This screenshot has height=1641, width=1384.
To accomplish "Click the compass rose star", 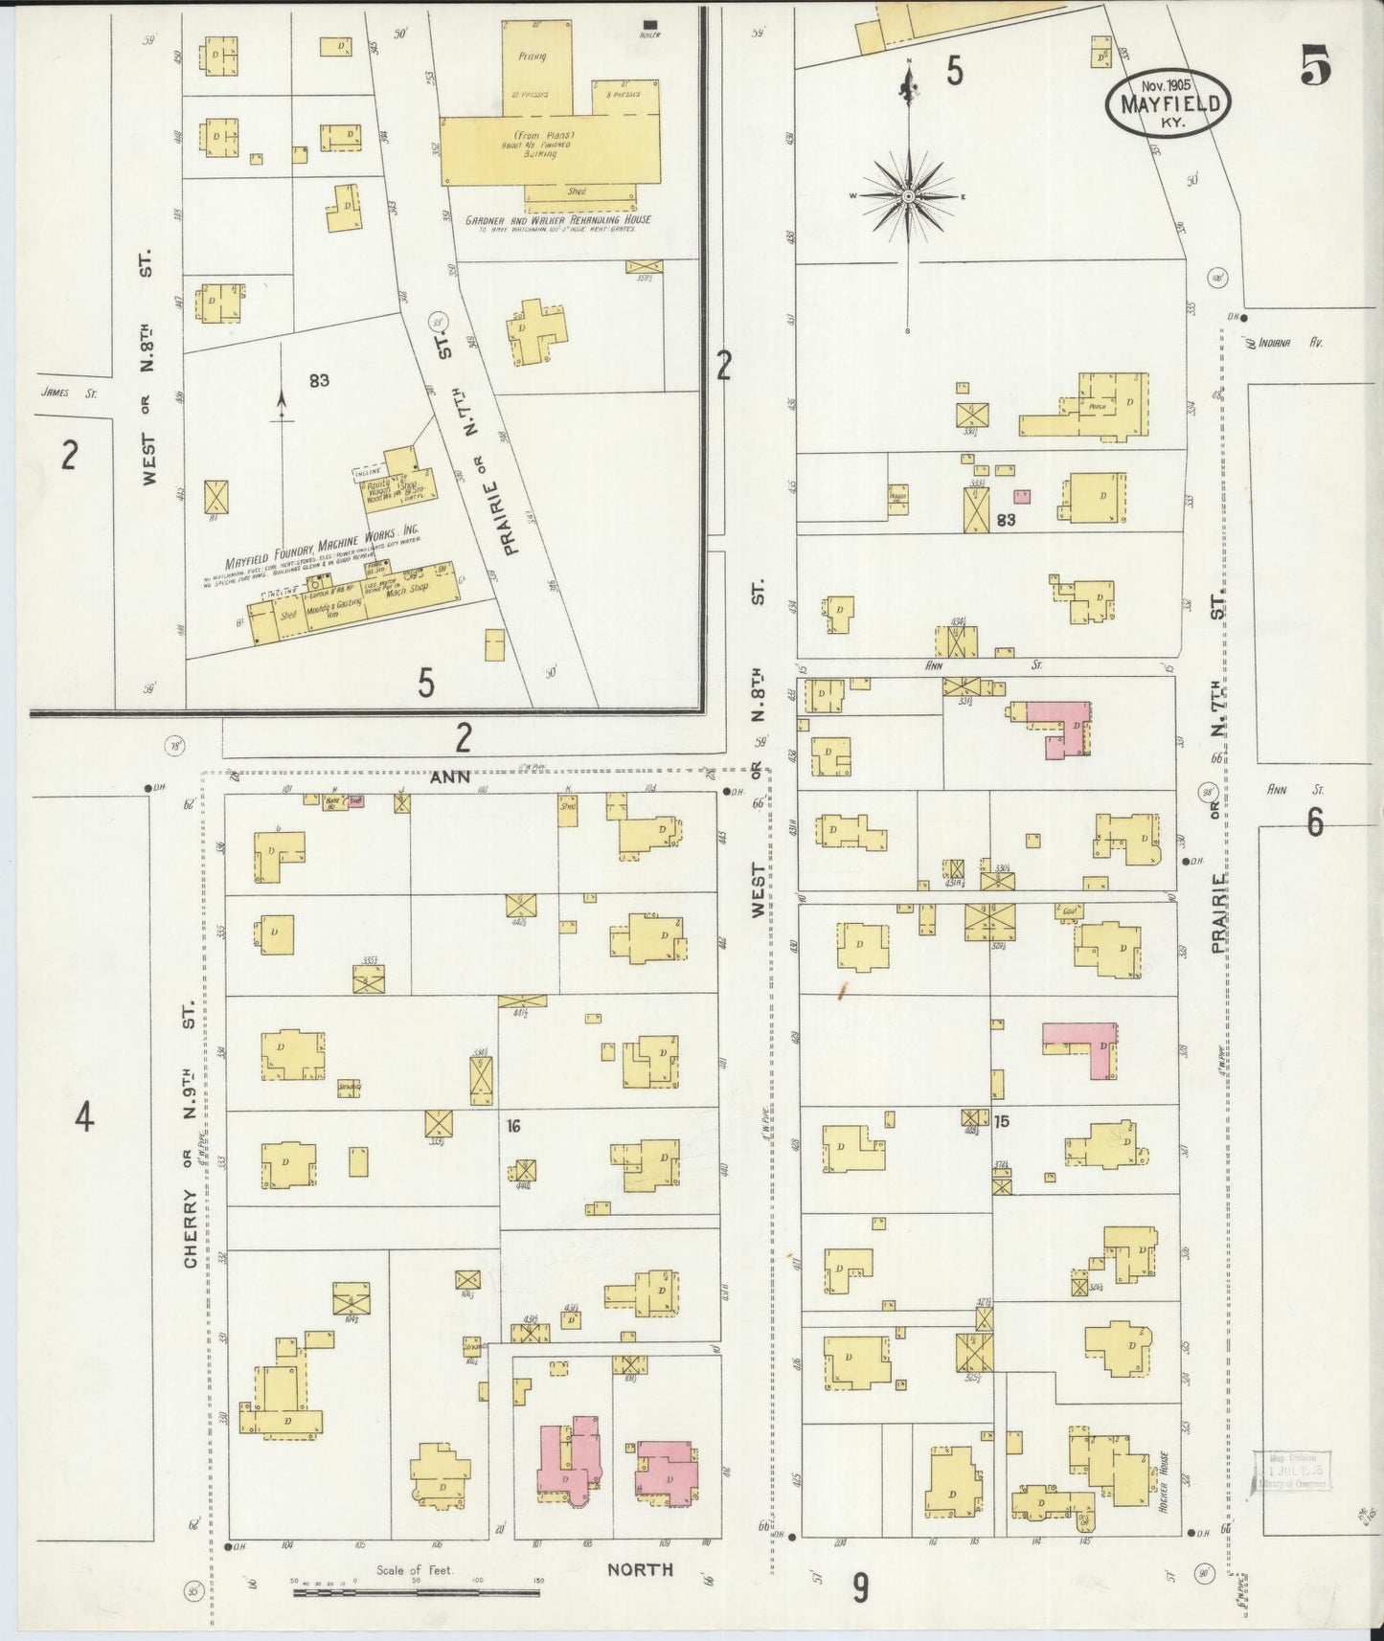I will tap(907, 196).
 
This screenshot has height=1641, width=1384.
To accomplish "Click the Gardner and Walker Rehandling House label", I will tap(557, 220).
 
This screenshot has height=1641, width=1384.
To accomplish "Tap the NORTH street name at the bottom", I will tap(640, 1569).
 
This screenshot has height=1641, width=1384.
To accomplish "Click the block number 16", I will tap(512, 1128).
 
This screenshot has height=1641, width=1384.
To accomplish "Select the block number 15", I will tap(1001, 1120).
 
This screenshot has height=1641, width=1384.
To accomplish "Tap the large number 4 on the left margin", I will tap(85, 1116).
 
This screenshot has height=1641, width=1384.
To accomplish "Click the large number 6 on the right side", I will tap(1314, 822).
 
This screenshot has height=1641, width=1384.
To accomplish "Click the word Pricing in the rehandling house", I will tap(532, 56).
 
